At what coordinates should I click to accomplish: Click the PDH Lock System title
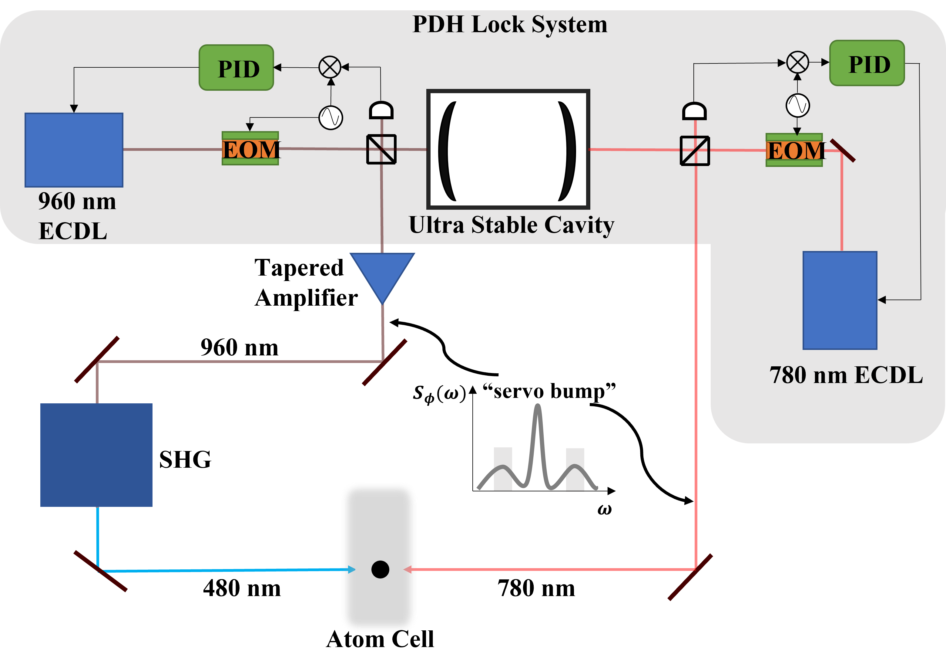[x=510, y=25]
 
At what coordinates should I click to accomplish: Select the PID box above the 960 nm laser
[x=236, y=68]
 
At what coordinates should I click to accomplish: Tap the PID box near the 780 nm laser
[x=867, y=63]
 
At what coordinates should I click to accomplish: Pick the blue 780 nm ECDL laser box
[x=840, y=300]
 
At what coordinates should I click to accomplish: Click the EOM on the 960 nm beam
[x=250, y=149]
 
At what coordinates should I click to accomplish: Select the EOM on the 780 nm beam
[x=794, y=150]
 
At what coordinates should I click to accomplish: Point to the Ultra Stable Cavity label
[x=511, y=225]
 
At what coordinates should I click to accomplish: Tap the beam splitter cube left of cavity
[x=381, y=149]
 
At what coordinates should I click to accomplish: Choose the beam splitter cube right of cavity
[x=695, y=151]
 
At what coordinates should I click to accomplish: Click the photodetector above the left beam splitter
[x=381, y=110]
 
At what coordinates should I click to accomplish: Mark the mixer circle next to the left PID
[x=330, y=67]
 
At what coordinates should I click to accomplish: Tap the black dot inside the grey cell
[x=380, y=569]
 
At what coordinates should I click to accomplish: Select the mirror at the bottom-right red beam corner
[x=690, y=577]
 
